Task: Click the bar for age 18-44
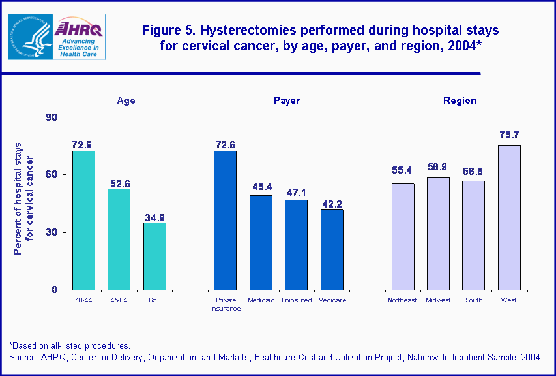click(83, 220)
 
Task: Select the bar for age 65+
click(154, 256)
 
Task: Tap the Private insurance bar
click(226, 220)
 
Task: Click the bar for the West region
click(509, 217)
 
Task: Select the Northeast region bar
click(402, 236)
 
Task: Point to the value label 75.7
click(509, 135)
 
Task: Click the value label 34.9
click(154, 213)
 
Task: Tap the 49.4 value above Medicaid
click(261, 185)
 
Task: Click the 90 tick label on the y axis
click(51, 117)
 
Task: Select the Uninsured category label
click(296, 300)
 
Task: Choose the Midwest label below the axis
click(438, 300)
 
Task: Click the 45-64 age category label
click(119, 300)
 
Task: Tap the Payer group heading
click(287, 101)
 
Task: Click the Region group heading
click(460, 101)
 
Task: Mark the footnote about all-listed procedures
click(70, 345)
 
